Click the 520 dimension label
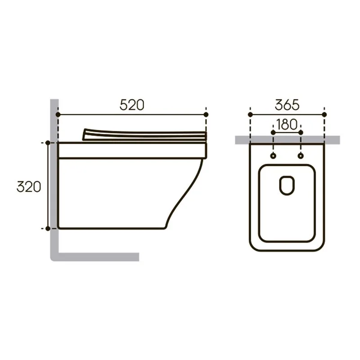coord(132,105)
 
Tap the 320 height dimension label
coord(29,187)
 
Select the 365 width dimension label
coord(287,105)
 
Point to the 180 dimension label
coord(287,125)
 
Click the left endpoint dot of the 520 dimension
coord(58,114)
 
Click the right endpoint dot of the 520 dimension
coord(206,114)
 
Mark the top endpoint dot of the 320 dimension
coord(48,143)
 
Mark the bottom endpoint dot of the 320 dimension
coord(48,229)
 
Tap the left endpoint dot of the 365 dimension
coord(250,114)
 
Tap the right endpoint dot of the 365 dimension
coord(324,114)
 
